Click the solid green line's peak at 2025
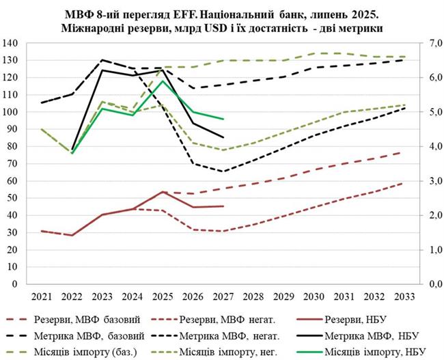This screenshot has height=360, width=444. (x=163, y=81)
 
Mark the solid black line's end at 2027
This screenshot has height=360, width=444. (x=223, y=137)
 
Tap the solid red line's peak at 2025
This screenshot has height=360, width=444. (x=163, y=191)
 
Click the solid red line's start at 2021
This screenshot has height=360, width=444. (x=41, y=231)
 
